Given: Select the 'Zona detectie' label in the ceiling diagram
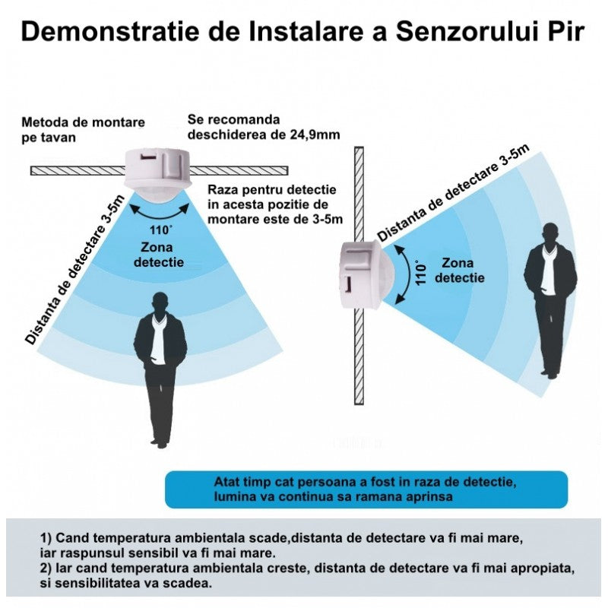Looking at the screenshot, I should tap(158, 255).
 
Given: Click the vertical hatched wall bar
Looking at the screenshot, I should tap(359, 334).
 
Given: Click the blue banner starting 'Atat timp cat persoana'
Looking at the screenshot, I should tap(366, 489).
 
